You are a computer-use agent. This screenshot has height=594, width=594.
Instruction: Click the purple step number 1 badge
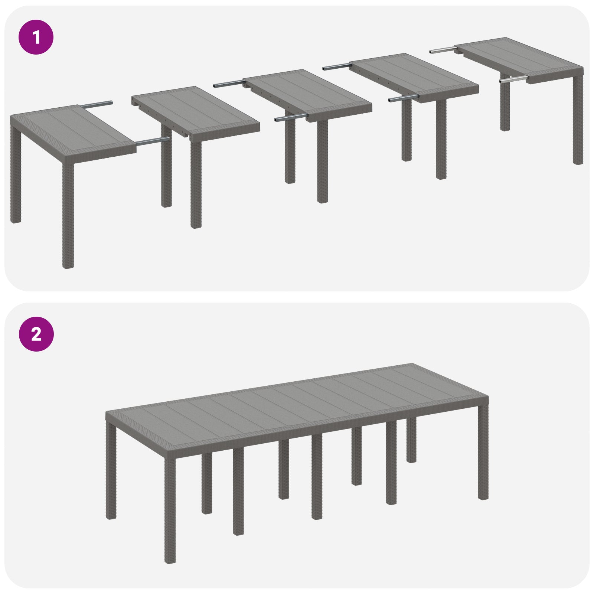point(36,37)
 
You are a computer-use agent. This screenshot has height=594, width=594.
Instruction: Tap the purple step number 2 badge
point(36,334)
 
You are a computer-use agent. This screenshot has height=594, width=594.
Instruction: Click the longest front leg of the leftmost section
point(68,212)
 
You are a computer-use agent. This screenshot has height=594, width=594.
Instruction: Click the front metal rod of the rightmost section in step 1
point(514,79)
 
